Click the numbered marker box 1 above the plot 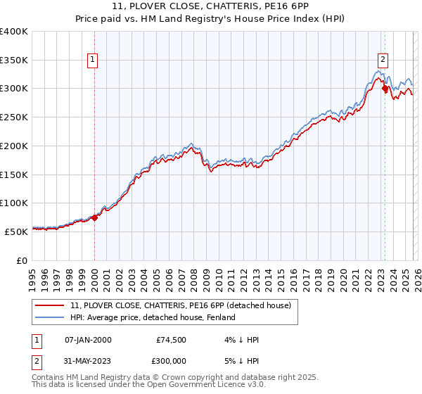(94, 61)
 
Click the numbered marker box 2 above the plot (384, 61)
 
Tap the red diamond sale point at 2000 (95, 217)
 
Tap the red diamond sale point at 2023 (385, 89)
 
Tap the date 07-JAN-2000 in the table (88, 340)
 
